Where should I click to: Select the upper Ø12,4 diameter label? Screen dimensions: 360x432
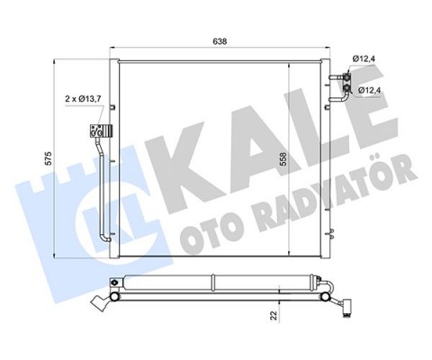coord(364,58)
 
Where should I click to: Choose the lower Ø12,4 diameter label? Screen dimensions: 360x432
coord(369,91)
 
